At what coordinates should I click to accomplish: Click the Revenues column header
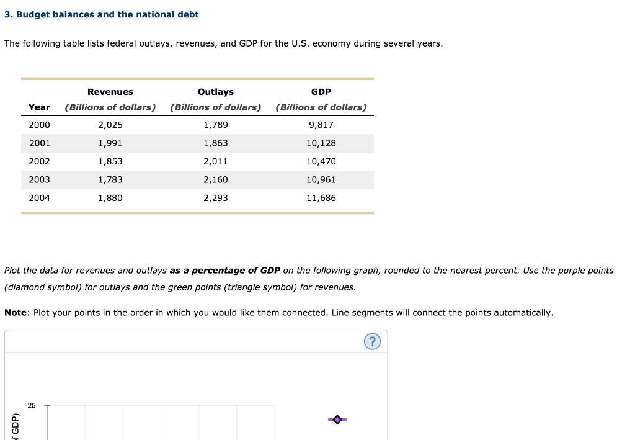[110, 92]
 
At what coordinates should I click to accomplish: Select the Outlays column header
[215, 92]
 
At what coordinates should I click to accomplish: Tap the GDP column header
[321, 92]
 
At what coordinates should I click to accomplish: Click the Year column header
[39, 107]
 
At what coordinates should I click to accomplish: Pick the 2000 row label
[39, 125]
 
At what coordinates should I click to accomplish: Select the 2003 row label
[39, 180]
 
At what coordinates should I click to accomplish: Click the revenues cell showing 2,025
[110, 125]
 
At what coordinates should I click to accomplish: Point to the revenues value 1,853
[110, 161]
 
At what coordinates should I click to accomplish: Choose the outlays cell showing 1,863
[215, 143]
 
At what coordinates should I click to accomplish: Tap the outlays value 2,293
[215, 198]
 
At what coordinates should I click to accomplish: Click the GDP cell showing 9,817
[321, 125]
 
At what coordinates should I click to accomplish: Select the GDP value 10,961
[321, 180]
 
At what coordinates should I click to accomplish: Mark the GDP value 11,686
[321, 198]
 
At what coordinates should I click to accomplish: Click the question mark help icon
[372, 342]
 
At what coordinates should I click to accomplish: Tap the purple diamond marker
[337, 420]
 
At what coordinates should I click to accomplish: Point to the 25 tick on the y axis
[32, 406]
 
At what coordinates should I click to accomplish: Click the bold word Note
[16, 313]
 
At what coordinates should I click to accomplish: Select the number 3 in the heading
[7, 14]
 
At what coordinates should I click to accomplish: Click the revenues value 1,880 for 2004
[110, 198]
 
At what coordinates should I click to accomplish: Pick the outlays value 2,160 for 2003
[215, 180]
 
